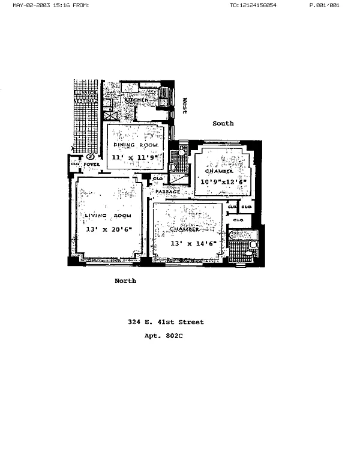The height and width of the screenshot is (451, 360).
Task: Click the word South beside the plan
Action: click(x=223, y=123)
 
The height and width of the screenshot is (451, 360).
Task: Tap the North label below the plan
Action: click(x=125, y=280)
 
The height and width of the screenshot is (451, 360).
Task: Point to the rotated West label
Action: click(x=185, y=106)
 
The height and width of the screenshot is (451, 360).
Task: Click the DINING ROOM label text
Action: click(x=136, y=145)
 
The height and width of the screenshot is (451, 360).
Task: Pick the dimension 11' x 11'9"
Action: click(x=135, y=157)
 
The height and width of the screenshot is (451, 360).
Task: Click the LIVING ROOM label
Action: click(x=108, y=215)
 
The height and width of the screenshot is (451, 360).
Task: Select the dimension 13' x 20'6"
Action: click(x=108, y=229)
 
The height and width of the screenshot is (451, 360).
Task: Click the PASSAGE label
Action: click(x=168, y=192)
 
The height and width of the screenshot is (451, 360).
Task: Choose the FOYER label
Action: click(x=91, y=163)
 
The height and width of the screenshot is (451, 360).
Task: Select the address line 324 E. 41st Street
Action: click(x=166, y=322)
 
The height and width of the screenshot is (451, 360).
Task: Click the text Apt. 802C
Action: click(x=163, y=336)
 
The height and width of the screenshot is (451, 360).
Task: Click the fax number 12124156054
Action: click(x=259, y=5)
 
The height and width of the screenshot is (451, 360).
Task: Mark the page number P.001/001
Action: click(x=324, y=5)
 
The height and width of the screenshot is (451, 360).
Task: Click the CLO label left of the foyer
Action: click(x=75, y=163)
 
